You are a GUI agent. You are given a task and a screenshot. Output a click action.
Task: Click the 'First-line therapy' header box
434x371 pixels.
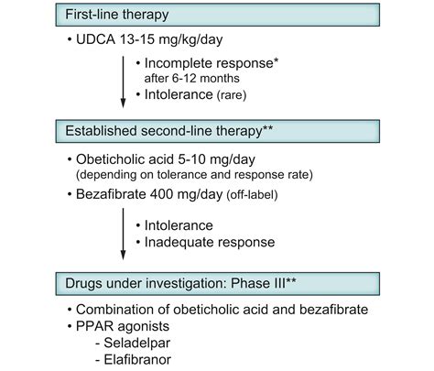click(x=218, y=15)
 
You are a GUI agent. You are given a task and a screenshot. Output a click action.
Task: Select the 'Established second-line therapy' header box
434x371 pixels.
click(x=218, y=131)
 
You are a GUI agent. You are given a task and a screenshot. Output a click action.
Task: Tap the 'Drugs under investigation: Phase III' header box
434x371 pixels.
click(x=218, y=284)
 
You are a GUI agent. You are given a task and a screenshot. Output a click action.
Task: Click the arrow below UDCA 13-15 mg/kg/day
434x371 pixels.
click(x=123, y=82)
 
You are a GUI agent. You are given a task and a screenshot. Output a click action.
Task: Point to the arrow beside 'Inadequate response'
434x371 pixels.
click(x=123, y=234)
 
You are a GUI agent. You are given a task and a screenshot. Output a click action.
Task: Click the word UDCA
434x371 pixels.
click(x=95, y=39)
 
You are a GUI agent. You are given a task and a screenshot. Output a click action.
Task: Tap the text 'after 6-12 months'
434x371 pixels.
click(x=191, y=79)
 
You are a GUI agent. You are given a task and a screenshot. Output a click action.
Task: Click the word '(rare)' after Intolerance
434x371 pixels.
click(x=232, y=95)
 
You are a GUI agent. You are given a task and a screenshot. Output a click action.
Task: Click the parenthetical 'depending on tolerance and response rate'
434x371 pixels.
click(x=194, y=175)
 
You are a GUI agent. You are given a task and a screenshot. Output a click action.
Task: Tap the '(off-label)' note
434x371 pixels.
click(x=252, y=195)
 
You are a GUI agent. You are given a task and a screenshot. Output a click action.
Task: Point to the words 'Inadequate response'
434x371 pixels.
click(x=210, y=242)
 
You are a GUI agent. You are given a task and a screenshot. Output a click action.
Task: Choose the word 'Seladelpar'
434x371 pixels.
click(x=137, y=343)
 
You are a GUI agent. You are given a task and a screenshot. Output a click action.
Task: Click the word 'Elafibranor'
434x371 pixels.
click(x=137, y=359)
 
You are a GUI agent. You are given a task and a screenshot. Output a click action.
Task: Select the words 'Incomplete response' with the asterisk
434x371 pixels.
click(x=212, y=63)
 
